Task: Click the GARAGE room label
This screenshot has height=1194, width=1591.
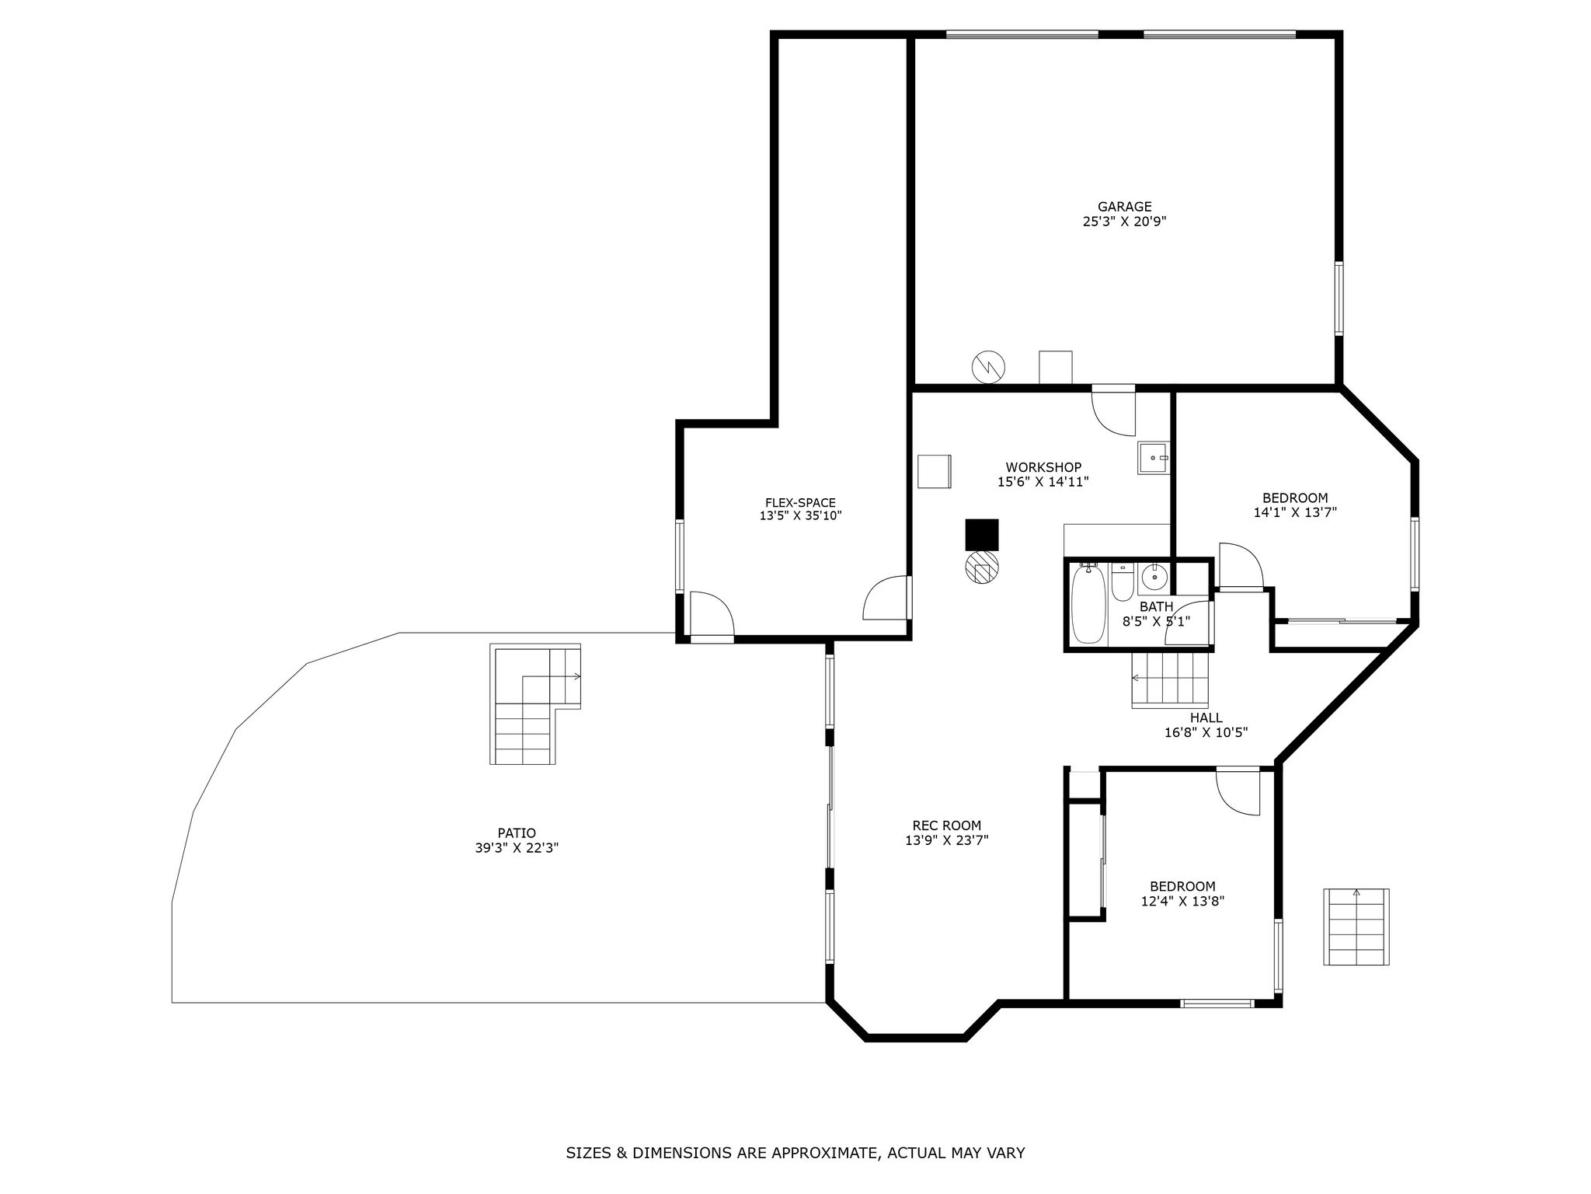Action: click(1124, 207)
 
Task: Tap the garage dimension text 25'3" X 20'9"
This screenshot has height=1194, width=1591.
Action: click(1124, 222)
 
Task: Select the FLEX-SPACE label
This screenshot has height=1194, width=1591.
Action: click(800, 503)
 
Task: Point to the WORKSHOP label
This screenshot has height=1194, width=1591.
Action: click(1043, 467)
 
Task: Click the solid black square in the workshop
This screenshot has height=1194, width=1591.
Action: click(982, 535)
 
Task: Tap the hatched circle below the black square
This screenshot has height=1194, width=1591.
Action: click(982, 567)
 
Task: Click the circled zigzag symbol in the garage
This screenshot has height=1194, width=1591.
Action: click(988, 366)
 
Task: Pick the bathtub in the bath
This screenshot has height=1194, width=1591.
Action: click(1088, 605)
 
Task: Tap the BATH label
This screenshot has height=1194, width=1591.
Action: click(1156, 606)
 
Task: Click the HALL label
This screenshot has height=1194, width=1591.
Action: click(1206, 717)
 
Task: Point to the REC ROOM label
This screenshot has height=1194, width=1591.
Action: click(946, 826)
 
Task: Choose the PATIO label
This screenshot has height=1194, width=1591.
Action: click(517, 833)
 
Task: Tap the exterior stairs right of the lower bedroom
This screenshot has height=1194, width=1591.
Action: click(1356, 927)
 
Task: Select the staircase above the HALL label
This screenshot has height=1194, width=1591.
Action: click(1171, 679)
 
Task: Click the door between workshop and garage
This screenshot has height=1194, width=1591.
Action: click(1113, 410)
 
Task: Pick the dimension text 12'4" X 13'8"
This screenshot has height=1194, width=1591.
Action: click(1182, 902)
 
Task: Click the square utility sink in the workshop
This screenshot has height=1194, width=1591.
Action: click(1154, 458)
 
